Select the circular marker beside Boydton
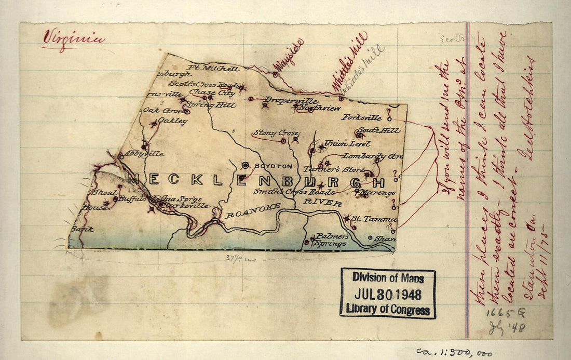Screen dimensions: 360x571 click(246, 165)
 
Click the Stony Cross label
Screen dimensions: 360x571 click(275, 133)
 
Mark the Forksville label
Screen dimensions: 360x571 click(361, 118)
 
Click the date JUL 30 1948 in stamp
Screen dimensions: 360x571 click(388, 294)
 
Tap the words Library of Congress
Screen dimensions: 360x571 click(388, 310)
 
